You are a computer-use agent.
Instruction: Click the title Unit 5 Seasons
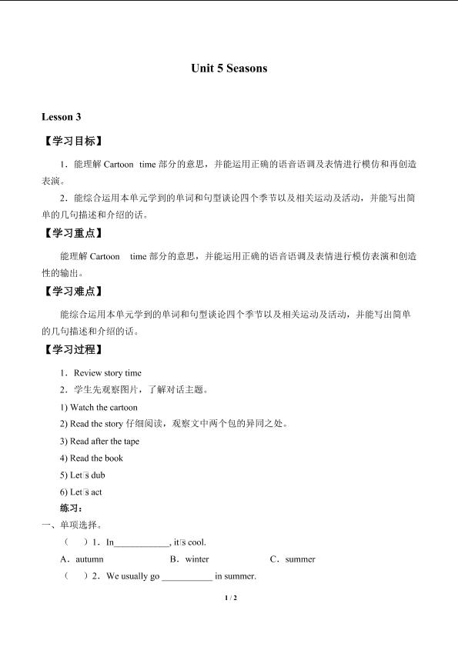click(229, 68)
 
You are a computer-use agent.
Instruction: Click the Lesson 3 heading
click(61, 117)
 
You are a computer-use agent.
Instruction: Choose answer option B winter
click(189, 559)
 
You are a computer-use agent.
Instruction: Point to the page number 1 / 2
click(229, 598)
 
